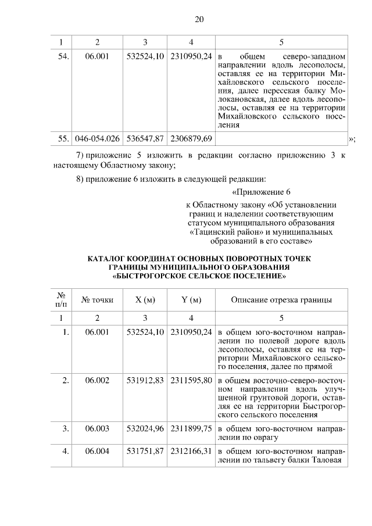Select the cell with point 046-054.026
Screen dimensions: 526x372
(97, 138)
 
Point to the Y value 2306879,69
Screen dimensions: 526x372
(191, 138)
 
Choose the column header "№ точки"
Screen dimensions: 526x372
(97, 300)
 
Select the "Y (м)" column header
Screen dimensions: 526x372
(191, 300)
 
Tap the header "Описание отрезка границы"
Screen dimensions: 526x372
(281, 300)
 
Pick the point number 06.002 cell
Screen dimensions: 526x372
(97, 380)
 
